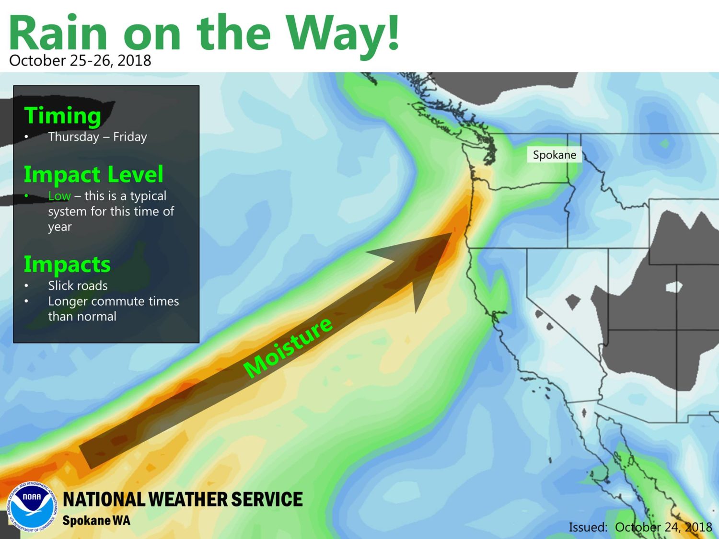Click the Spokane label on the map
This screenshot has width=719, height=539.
click(554, 155)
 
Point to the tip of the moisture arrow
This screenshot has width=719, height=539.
click(452, 233)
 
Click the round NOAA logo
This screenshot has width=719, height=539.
click(32, 506)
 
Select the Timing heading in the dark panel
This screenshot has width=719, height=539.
click(63, 115)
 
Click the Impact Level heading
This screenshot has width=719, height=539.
click(93, 174)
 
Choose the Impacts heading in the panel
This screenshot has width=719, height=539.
click(67, 264)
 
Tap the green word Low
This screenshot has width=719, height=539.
click(59, 195)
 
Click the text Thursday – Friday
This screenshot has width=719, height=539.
click(98, 137)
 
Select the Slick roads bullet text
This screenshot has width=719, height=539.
click(78, 286)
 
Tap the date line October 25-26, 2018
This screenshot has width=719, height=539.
click(80, 60)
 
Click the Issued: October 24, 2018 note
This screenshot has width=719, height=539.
click(640, 527)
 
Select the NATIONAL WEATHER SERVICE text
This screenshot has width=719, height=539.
click(183, 499)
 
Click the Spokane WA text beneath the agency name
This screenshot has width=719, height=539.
click(96, 520)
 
